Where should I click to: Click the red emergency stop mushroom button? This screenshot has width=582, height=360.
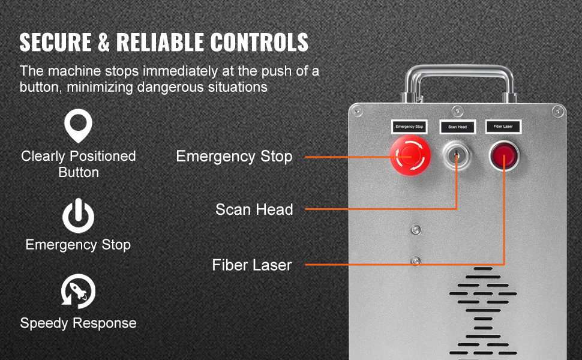click(410, 155)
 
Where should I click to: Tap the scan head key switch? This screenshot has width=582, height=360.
click(457, 155)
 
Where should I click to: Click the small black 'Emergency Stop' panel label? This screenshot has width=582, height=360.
click(409, 127)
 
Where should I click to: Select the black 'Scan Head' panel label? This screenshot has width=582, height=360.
click(457, 127)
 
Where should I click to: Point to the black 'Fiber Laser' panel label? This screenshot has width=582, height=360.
click(503, 127)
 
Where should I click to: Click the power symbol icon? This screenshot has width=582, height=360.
click(78, 215)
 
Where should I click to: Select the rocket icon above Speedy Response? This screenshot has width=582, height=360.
click(79, 292)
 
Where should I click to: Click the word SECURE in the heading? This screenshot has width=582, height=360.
click(55, 42)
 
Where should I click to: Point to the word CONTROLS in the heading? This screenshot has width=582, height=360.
click(259, 42)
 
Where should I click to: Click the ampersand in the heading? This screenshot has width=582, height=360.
click(104, 42)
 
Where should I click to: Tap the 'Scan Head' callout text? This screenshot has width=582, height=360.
click(254, 209)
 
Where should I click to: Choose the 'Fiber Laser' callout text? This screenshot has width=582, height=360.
click(252, 265)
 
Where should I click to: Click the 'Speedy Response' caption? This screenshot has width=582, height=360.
click(79, 323)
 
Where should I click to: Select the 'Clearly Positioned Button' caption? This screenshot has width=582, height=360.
click(79, 164)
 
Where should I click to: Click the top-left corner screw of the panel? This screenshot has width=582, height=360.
click(358, 111)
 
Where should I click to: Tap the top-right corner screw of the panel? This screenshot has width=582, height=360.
click(557, 111)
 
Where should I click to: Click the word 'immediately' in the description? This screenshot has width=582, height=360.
click(180, 71)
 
